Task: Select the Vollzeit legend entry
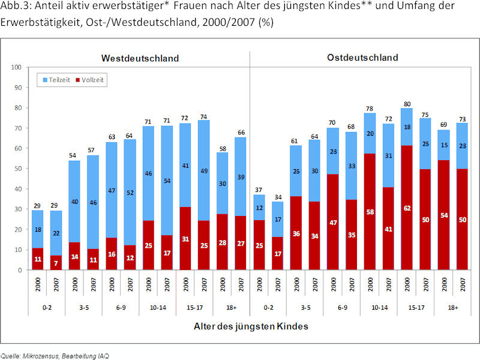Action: pyautogui.click(x=93, y=79)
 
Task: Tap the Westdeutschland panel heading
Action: pyautogui.click(x=140, y=58)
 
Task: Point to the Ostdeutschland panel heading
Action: pyautogui.click(x=362, y=58)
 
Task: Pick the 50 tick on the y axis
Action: pyautogui.click(x=18, y=169)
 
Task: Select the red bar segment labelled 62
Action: pyautogui.click(x=406, y=207)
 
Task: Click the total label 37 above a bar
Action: pyautogui.click(x=259, y=190)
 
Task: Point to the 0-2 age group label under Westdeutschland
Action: pyautogui.click(x=46, y=307)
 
